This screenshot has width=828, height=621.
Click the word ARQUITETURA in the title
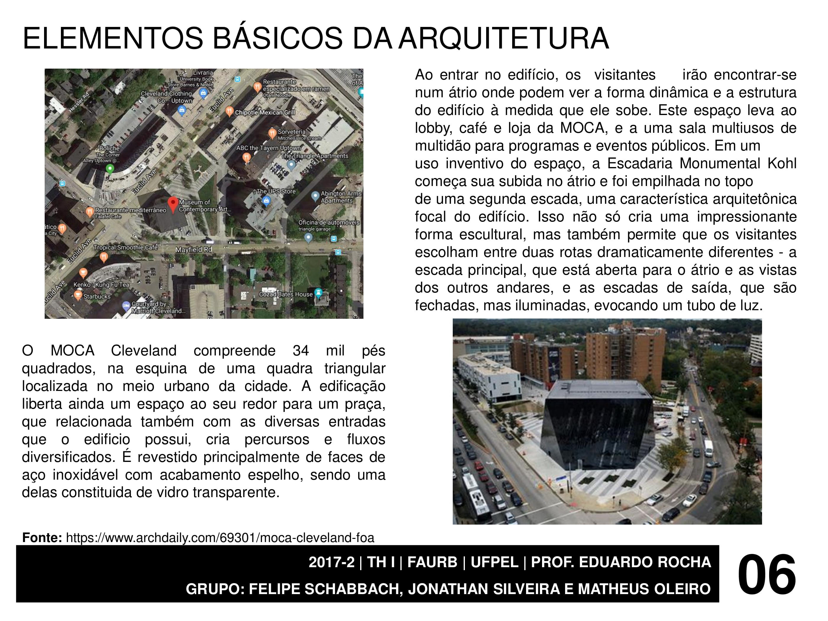(504, 38)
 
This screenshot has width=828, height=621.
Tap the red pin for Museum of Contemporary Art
(173, 204)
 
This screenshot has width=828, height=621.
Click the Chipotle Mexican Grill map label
(265, 112)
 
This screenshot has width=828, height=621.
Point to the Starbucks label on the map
(97, 297)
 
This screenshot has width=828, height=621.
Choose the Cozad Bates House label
(285, 294)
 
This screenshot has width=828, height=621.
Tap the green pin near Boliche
(110, 169)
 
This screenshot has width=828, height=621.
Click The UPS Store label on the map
(276, 191)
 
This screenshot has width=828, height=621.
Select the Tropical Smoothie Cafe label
(125, 248)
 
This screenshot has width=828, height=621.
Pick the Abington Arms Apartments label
(341, 197)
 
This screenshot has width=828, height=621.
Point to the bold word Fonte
(42, 538)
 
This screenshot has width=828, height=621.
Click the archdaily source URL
(220, 538)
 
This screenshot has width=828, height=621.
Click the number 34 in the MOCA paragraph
(300, 351)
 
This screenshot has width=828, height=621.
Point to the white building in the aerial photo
(489, 378)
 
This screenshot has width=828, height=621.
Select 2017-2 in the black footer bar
(331, 562)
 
